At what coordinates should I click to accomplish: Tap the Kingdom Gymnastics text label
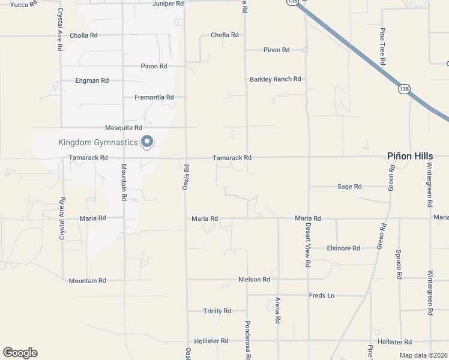coord(98,143)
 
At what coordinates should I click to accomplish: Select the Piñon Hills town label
coord(409,156)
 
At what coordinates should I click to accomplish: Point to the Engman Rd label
coord(92,80)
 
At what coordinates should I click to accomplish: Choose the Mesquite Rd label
coord(123,127)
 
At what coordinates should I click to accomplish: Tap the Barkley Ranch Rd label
coord(276,79)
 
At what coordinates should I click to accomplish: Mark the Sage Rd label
coord(349,187)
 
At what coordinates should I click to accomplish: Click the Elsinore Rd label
coord(343,248)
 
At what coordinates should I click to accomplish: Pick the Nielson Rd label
coord(254,279)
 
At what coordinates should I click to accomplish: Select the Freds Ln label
coord(321,295)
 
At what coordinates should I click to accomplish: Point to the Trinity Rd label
coord(217,311)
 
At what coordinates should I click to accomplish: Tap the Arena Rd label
coord(278,311)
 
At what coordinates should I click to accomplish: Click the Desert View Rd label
coord(307,246)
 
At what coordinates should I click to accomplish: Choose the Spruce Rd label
coord(399,264)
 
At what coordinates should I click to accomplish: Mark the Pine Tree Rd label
coord(382,47)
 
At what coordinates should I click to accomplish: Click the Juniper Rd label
coord(168,4)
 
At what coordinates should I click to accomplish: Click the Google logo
coord(20,353)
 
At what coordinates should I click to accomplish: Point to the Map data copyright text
coord(423,355)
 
